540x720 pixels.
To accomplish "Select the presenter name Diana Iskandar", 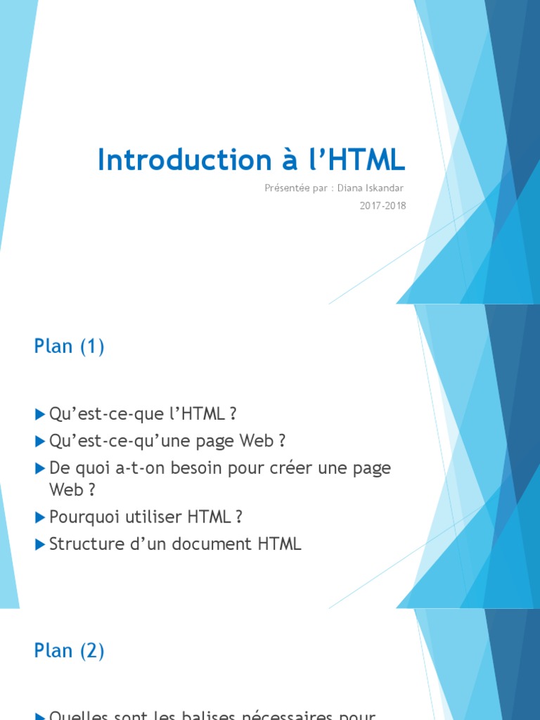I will (371, 188).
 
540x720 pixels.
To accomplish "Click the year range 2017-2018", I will (382, 205).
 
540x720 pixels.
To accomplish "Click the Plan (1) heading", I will (69, 347).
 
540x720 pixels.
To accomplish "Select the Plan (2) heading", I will (69, 650).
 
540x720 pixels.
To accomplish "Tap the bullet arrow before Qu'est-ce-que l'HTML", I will (40, 414).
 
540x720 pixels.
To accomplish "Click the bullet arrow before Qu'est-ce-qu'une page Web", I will (40, 441).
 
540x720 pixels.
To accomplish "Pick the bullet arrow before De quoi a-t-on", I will (40, 468).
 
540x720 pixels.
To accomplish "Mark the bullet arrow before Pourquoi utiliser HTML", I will (40, 517).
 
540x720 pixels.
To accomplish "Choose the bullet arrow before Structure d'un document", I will (40, 544).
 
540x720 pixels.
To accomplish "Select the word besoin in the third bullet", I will (186, 468).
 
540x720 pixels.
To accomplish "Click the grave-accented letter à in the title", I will (283, 160).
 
